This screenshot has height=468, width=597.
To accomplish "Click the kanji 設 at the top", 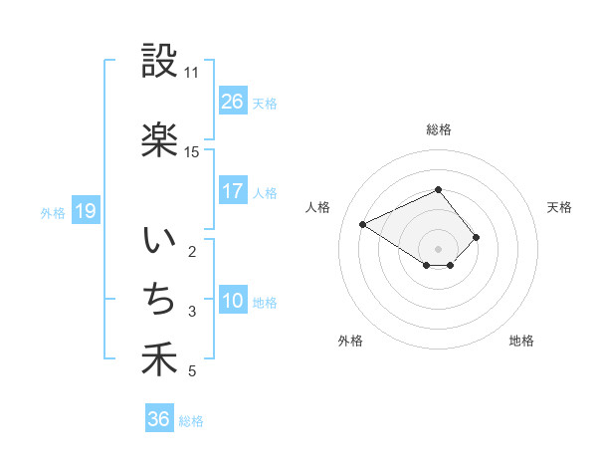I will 159,62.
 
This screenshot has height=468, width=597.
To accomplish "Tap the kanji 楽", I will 159,140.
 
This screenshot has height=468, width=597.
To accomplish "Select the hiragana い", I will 159,240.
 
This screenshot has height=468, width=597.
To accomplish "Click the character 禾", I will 159,359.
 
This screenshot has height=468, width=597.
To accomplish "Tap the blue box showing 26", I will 232,102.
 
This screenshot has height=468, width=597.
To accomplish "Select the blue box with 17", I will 232,191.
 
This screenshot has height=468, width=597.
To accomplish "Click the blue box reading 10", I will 232,301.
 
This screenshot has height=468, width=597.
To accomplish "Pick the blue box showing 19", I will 85,211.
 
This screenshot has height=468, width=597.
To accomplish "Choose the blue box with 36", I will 158,419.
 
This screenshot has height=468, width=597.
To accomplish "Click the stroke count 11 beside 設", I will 191,73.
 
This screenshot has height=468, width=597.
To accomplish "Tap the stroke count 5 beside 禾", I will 191,371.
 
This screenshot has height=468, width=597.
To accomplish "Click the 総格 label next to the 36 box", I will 191,421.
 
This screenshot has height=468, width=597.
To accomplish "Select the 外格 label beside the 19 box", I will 52,212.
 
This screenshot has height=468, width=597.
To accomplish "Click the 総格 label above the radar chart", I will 438,129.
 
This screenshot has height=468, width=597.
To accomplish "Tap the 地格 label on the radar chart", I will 521,341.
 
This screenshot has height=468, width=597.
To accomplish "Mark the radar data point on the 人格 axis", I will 363,223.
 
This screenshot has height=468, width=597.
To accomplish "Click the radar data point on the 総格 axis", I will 438,189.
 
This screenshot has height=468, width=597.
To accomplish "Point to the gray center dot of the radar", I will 438,248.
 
